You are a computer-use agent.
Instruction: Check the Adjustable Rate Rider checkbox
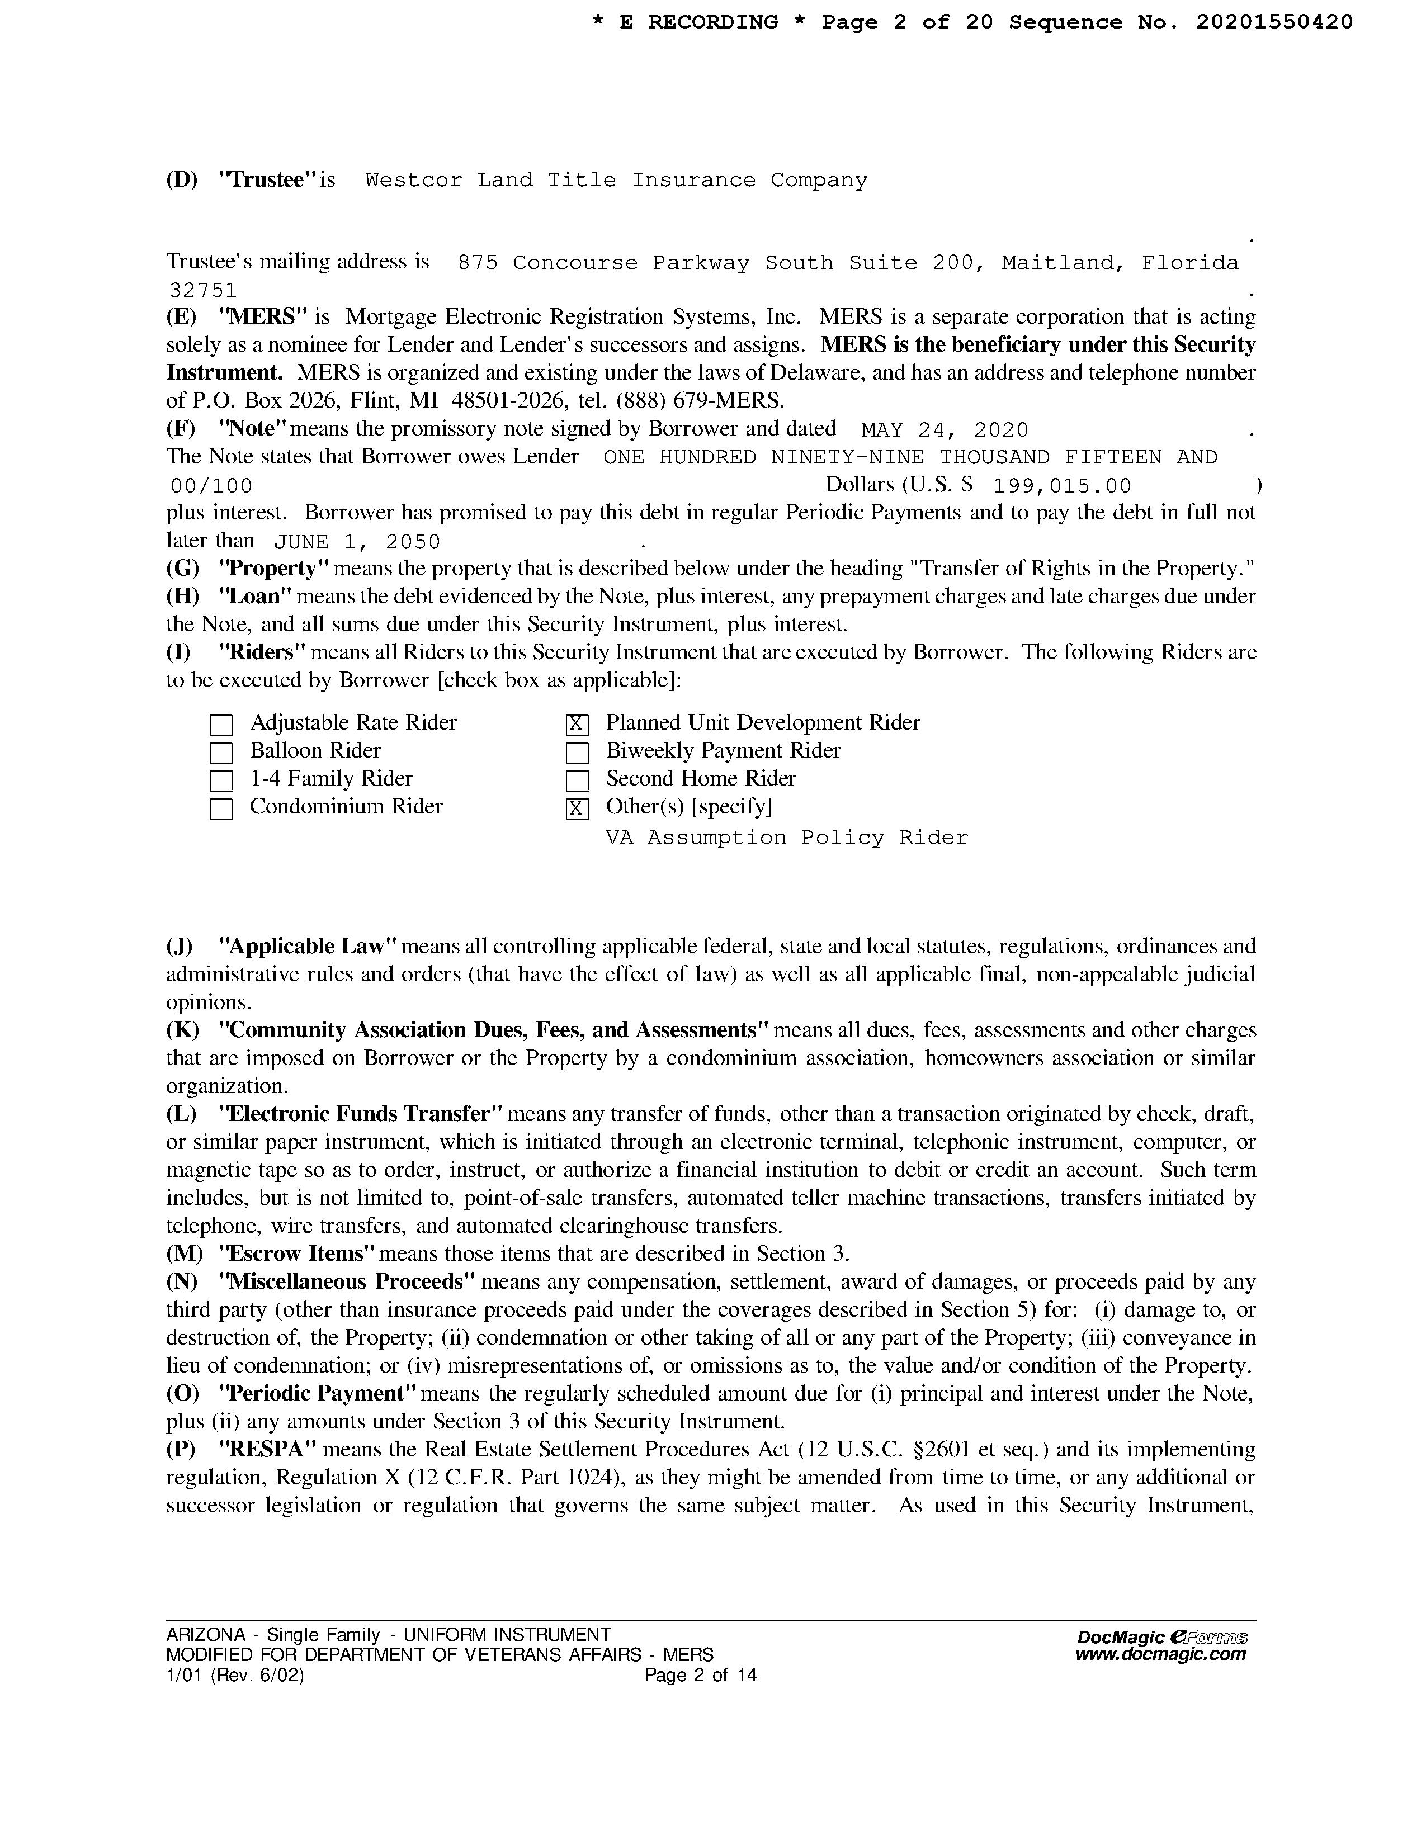(220, 725)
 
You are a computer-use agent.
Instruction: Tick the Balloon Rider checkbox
(220, 753)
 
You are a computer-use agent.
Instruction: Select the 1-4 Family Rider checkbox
(220, 780)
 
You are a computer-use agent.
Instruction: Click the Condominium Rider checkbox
(220, 808)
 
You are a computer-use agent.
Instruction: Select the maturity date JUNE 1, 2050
(357, 542)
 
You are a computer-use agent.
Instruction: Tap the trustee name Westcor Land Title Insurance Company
(616, 181)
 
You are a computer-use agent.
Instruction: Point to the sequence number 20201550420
(1274, 23)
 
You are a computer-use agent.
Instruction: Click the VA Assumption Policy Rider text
(786, 838)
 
